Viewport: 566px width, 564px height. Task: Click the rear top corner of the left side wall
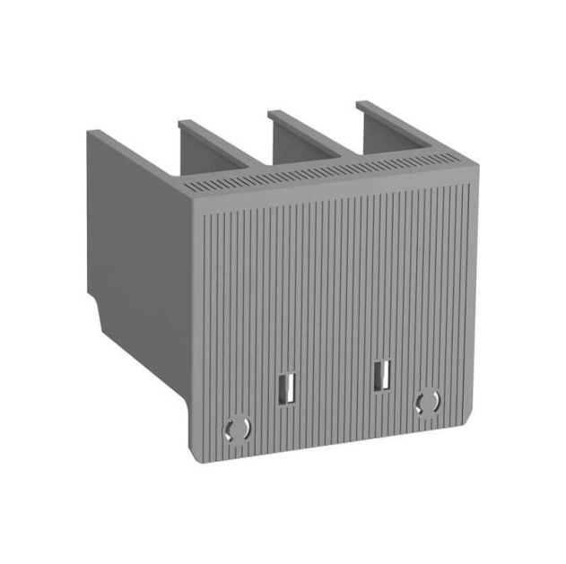89,132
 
